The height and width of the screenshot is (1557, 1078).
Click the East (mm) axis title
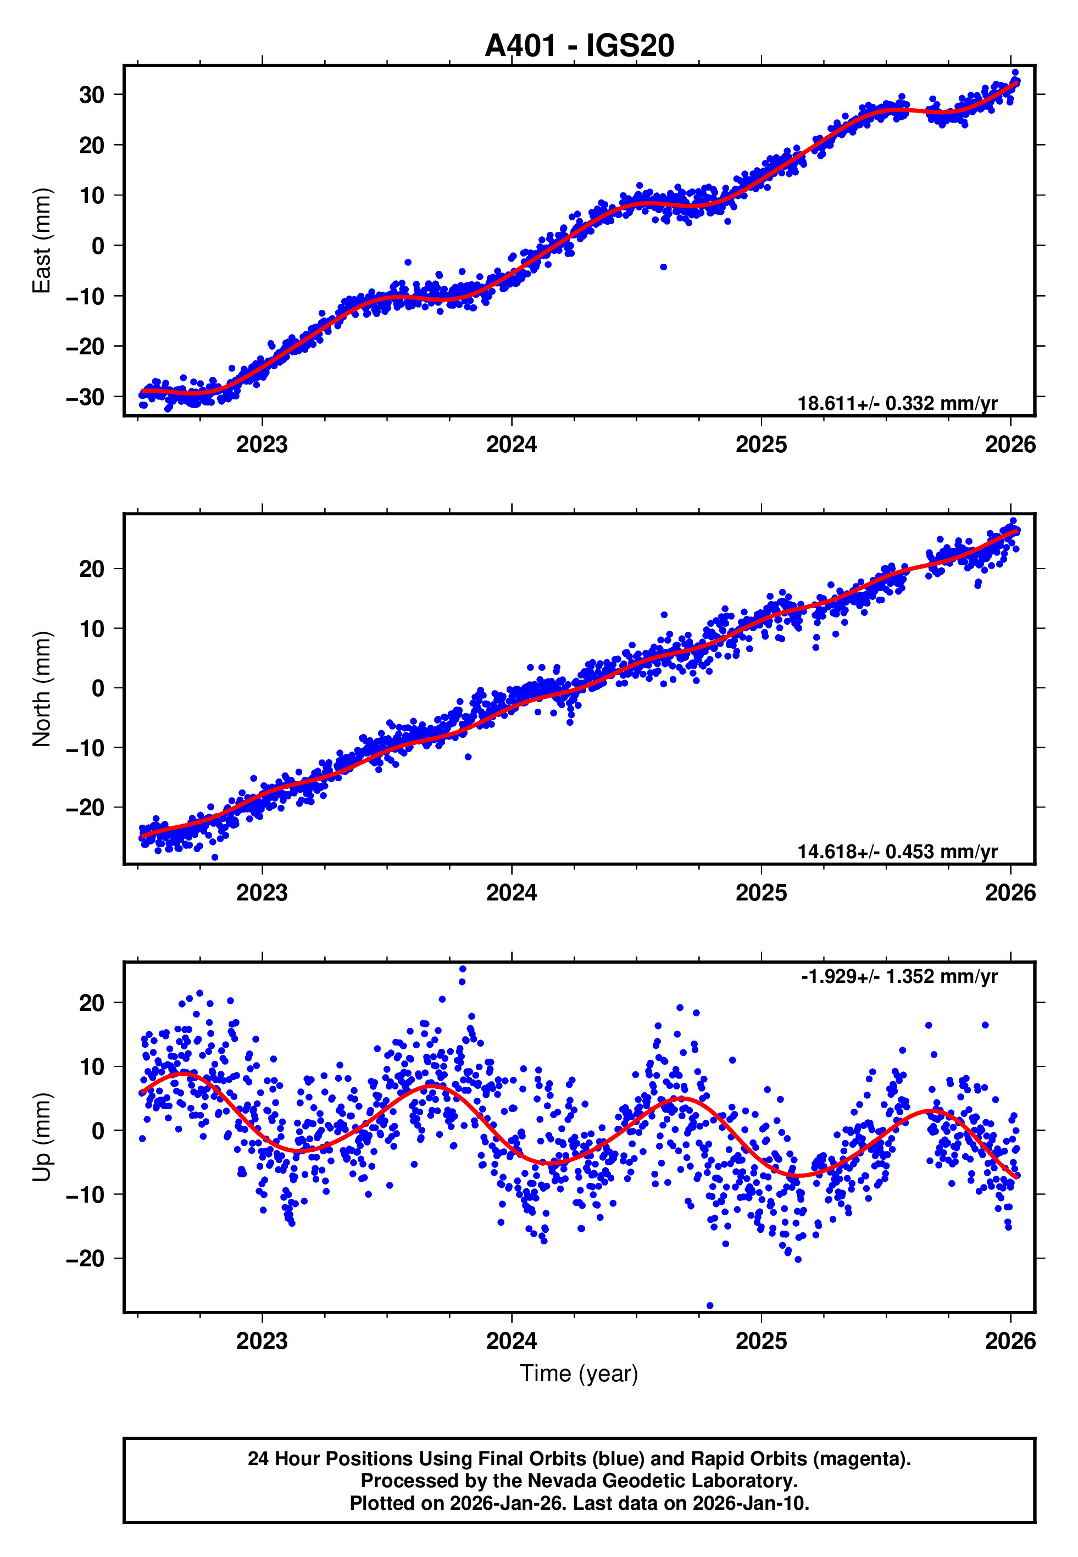[42, 241]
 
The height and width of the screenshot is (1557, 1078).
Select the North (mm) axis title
[42, 689]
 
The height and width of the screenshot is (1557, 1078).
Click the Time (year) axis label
[579, 1374]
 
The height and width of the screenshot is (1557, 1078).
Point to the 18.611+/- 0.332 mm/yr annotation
[897, 403]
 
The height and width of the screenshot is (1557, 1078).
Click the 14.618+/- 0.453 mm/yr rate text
[897, 852]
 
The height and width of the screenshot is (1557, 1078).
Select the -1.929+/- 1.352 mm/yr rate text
[899, 976]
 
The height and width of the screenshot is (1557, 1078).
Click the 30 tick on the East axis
[92, 94]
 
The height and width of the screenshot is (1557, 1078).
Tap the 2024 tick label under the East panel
[512, 444]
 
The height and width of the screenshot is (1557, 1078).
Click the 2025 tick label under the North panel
[761, 893]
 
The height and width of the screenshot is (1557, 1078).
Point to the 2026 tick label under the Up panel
[1010, 1341]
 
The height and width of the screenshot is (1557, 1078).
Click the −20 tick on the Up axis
[86, 1259]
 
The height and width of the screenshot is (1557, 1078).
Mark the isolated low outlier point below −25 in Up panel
[709, 1306]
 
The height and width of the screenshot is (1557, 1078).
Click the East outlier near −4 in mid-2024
[663, 266]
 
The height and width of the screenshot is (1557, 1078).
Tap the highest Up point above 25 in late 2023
[463, 969]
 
